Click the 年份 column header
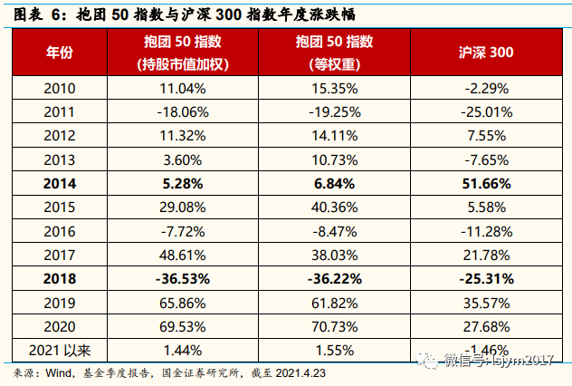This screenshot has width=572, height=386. pyautogui.click(x=60, y=53)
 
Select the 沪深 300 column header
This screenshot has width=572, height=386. pyautogui.click(x=486, y=53)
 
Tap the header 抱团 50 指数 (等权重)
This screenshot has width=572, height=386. pyautogui.click(x=335, y=53)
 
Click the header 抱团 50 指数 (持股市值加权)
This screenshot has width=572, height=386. pyautogui.click(x=183, y=53)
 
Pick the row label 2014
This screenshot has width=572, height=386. pyautogui.click(x=60, y=184)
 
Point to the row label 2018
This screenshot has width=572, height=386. pyautogui.click(x=60, y=279)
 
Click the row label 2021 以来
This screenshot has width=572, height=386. pyautogui.click(x=60, y=351)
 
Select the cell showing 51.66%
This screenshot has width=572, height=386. pyautogui.click(x=486, y=184)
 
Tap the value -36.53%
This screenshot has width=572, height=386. pyautogui.click(x=183, y=279)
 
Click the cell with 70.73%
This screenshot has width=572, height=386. pyautogui.click(x=335, y=327)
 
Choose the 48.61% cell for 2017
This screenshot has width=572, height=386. pyautogui.click(x=183, y=256)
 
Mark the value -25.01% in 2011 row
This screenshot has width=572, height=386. pyautogui.click(x=487, y=112)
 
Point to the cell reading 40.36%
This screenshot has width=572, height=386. pyautogui.click(x=335, y=207)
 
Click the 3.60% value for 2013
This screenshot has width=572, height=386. pyautogui.click(x=183, y=160)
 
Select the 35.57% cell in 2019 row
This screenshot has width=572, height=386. pyautogui.click(x=486, y=304)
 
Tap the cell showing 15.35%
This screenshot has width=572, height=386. pyautogui.click(x=335, y=89)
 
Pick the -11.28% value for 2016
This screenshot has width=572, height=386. pyautogui.click(x=487, y=232)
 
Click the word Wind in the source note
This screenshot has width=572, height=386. pyautogui.click(x=58, y=373)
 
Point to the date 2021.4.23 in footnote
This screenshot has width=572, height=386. pyautogui.click(x=300, y=373)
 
